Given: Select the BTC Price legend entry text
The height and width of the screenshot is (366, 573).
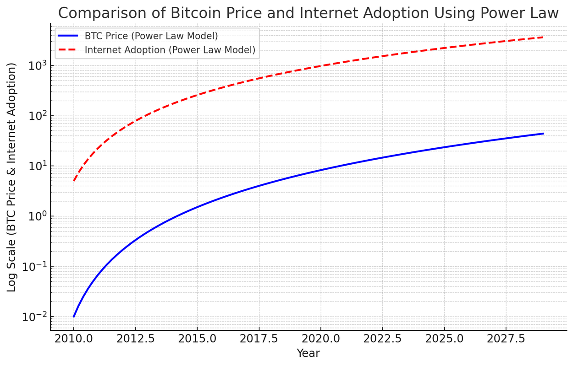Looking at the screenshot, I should point(151,35).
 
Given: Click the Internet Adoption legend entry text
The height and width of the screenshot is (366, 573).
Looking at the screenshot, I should point(170,50).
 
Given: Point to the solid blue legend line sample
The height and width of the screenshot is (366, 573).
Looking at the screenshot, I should point(68,35).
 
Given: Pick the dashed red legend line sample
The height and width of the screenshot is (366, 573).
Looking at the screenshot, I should point(68,50).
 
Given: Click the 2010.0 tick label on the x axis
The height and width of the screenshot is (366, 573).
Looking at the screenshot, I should point(73,339).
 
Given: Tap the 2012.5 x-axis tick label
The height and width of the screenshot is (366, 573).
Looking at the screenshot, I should point(135,339).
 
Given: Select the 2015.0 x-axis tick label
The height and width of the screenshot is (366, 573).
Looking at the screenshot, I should point(197,339).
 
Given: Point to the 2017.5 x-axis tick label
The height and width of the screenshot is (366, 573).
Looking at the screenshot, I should point(259,339).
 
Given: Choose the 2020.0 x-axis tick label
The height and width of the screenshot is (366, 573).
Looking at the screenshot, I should point(321,339).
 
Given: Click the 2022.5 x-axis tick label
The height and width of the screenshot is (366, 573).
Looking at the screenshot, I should point(383,339).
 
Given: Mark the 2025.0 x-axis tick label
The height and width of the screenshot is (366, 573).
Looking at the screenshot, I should point(445,339).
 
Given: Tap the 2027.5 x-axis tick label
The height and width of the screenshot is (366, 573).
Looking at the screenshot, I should point(506,339).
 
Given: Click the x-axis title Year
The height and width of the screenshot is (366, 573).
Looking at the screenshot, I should point(308,353).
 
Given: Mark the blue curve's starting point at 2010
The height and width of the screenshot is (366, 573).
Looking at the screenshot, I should point(74,316).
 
